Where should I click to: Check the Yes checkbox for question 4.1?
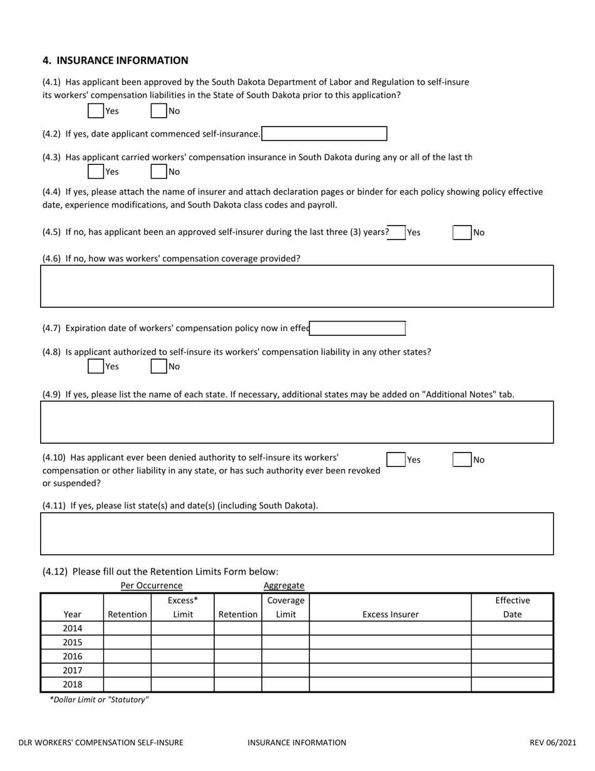(x=96, y=111)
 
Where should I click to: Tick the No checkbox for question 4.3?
(x=159, y=171)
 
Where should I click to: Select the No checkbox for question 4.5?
(x=462, y=233)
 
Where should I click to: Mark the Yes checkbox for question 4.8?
(x=96, y=366)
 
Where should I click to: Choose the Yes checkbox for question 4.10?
(x=396, y=459)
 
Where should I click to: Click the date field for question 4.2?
(x=324, y=134)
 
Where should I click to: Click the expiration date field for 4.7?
(x=358, y=328)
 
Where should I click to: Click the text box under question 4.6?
(x=297, y=286)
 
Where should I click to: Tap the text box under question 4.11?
(x=297, y=534)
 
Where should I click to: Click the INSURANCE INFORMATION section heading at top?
(x=115, y=60)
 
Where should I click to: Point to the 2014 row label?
(x=73, y=628)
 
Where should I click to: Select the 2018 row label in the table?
(x=73, y=684)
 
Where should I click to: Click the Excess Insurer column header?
(x=390, y=614)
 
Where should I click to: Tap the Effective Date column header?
(x=512, y=607)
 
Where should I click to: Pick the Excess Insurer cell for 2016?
(x=390, y=656)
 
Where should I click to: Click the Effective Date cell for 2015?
(x=512, y=642)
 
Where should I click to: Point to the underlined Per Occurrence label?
(x=152, y=585)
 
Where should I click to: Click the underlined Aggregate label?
(x=284, y=585)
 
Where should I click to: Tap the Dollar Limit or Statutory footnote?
(x=99, y=700)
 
